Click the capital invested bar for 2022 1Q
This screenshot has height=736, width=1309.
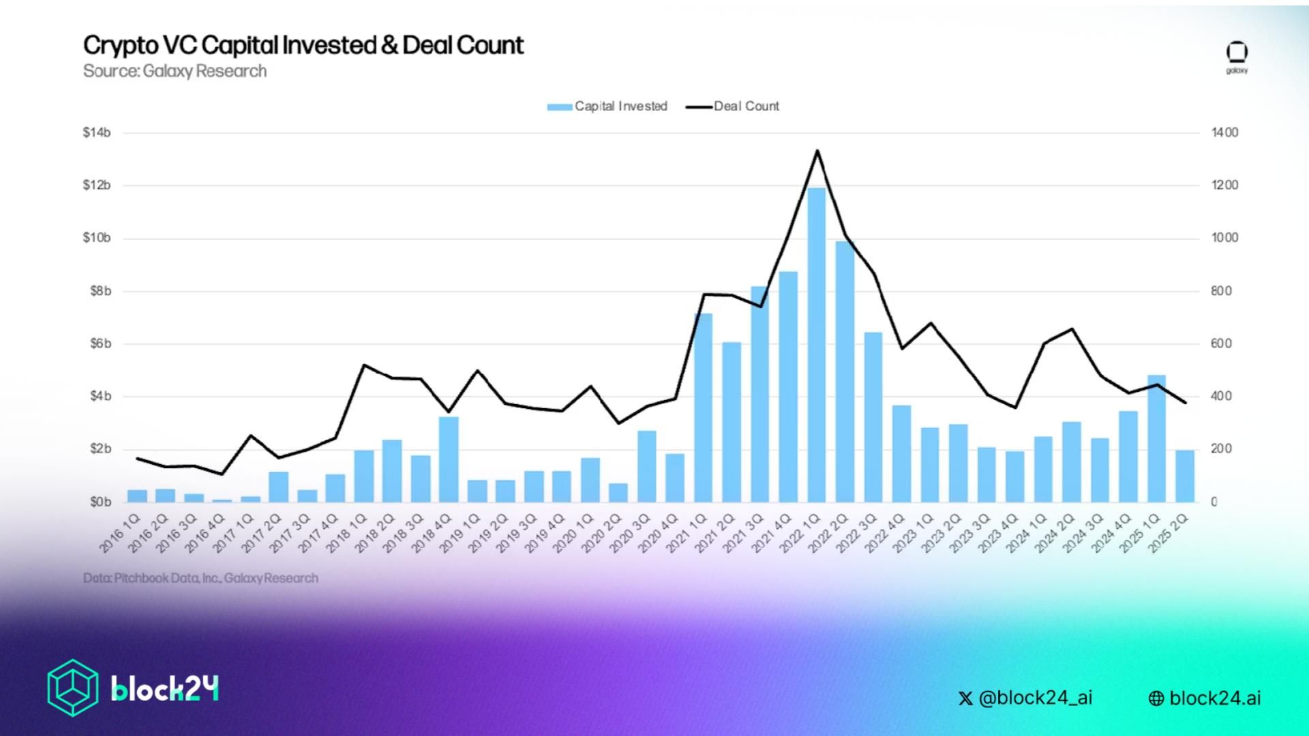(816, 344)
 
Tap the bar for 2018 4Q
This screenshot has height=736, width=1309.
(448, 459)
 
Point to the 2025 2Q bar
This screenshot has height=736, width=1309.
(1185, 476)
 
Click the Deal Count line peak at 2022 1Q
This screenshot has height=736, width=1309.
(817, 151)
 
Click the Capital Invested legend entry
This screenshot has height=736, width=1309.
(607, 106)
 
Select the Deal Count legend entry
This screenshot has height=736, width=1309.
(733, 106)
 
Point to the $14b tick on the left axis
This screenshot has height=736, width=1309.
(97, 132)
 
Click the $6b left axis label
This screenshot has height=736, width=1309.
(97, 343)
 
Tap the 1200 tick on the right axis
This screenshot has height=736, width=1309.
(1224, 185)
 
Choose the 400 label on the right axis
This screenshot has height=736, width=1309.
(1222, 397)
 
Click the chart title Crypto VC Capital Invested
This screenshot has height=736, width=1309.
(303, 45)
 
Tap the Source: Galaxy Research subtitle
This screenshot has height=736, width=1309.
(175, 71)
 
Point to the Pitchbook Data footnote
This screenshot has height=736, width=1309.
(200, 578)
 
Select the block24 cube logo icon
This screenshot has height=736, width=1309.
(72, 688)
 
